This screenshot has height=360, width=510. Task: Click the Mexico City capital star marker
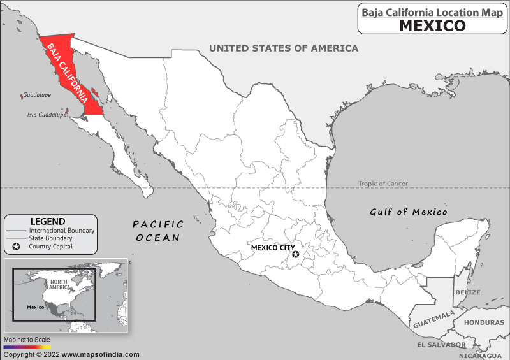(x=296, y=254)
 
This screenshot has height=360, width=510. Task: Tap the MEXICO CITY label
(x=272, y=248)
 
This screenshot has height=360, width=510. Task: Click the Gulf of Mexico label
(x=409, y=212)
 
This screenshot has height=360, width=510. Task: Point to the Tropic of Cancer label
(x=382, y=184)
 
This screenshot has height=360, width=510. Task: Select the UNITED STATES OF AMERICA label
(x=284, y=48)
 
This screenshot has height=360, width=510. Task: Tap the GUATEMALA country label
(x=433, y=319)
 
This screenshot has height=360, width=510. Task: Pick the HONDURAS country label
(x=484, y=322)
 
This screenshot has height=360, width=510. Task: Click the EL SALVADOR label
(x=441, y=345)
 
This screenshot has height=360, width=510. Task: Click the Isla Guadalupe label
(x=46, y=115)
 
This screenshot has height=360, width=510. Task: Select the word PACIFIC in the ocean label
(x=158, y=224)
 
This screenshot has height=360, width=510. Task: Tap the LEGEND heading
(x=48, y=221)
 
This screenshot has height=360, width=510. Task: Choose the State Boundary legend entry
(x=50, y=238)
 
